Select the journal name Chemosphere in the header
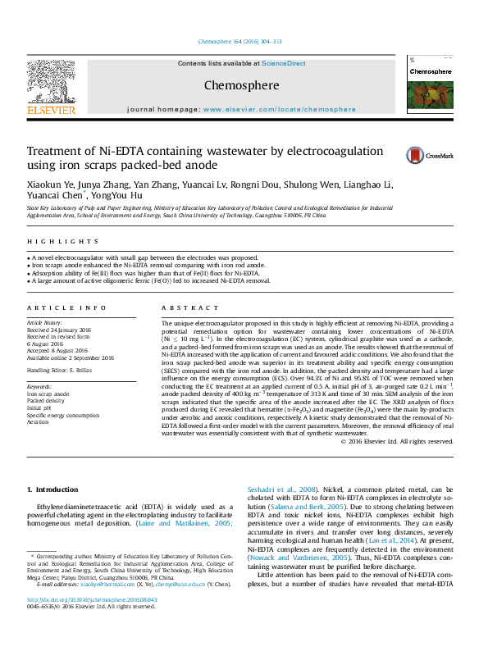click(241, 85)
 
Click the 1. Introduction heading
click(52, 489)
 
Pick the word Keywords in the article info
click(39, 385)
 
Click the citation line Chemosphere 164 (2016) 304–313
click(240, 41)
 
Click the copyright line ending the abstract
click(397, 441)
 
